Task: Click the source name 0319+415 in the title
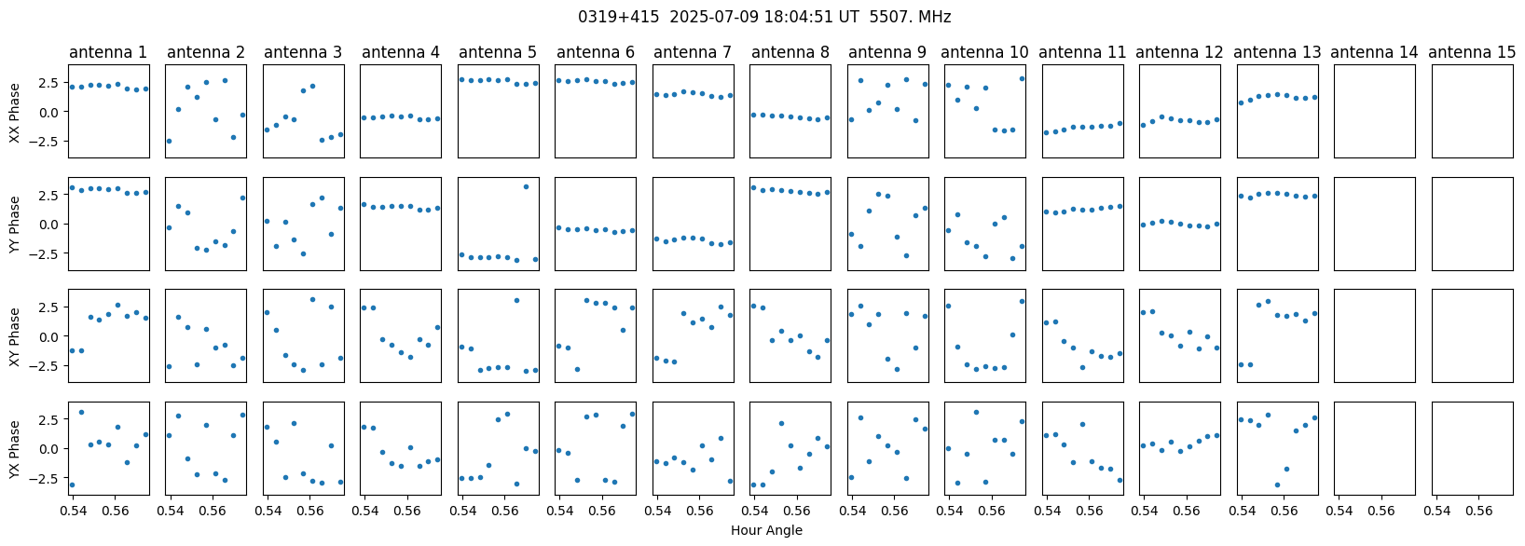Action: (x=618, y=17)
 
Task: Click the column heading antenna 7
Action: (x=693, y=52)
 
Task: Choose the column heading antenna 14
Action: (x=1374, y=52)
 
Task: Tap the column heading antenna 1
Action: (x=108, y=52)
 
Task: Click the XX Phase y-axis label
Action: (x=15, y=111)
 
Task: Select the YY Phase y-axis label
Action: (x=15, y=224)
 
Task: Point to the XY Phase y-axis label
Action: (x=15, y=336)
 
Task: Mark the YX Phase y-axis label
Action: (x=15, y=449)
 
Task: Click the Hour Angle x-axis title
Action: (x=766, y=530)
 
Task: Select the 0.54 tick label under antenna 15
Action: (x=1437, y=508)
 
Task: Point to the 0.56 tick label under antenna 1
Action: (x=115, y=508)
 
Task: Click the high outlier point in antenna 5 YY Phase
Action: (x=526, y=186)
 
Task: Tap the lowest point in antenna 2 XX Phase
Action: (x=169, y=141)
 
